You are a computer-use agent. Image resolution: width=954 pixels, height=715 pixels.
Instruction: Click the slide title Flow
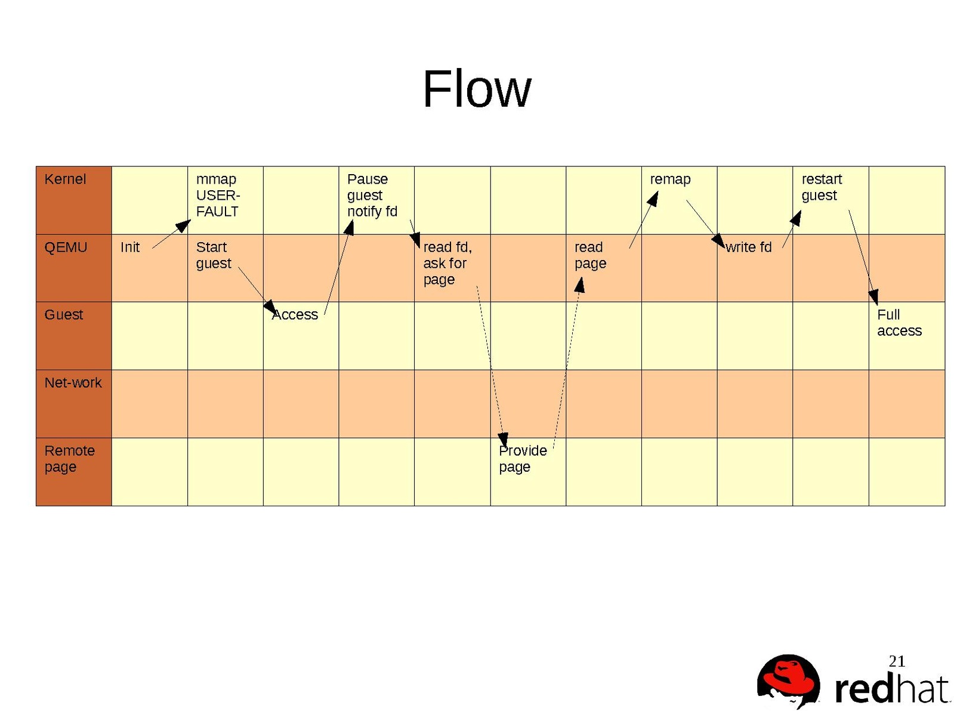pyautogui.click(x=476, y=89)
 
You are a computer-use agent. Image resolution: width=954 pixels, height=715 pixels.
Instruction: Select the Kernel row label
pyautogui.click(x=65, y=179)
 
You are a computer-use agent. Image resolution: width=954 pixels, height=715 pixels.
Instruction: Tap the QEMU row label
pyautogui.click(x=66, y=247)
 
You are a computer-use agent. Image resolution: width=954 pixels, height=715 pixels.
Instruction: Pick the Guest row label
pyautogui.click(x=64, y=315)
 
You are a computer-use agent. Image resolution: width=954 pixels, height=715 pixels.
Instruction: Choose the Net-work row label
pyautogui.click(x=73, y=383)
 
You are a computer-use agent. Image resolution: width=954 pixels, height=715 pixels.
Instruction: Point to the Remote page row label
pyautogui.click(x=69, y=459)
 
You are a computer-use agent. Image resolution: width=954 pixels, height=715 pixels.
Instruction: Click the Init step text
pyautogui.click(x=129, y=247)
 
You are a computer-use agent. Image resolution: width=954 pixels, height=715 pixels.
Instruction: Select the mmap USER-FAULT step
pyautogui.click(x=218, y=196)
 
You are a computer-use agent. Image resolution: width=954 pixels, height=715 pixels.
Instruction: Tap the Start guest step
pyautogui.click(x=213, y=255)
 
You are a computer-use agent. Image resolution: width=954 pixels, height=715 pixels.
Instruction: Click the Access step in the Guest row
pyautogui.click(x=295, y=315)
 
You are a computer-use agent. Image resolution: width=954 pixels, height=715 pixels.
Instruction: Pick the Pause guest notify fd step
pyautogui.click(x=372, y=196)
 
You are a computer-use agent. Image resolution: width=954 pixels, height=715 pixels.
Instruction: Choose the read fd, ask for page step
pyautogui.click(x=447, y=264)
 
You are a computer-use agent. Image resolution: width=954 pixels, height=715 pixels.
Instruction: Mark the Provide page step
pyautogui.click(x=523, y=459)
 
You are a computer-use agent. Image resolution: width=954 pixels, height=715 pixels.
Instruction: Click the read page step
pyautogui.click(x=590, y=255)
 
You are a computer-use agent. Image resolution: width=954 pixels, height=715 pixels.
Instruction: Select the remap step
pyautogui.click(x=670, y=179)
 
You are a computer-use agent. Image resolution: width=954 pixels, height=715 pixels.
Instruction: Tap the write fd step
pyautogui.click(x=748, y=247)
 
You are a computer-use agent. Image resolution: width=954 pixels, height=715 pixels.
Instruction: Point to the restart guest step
pyautogui.click(x=821, y=187)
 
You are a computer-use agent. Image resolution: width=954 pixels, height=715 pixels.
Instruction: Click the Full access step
pyautogui.click(x=899, y=323)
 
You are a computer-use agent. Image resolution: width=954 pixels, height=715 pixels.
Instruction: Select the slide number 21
pyautogui.click(x=897, y=661)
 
